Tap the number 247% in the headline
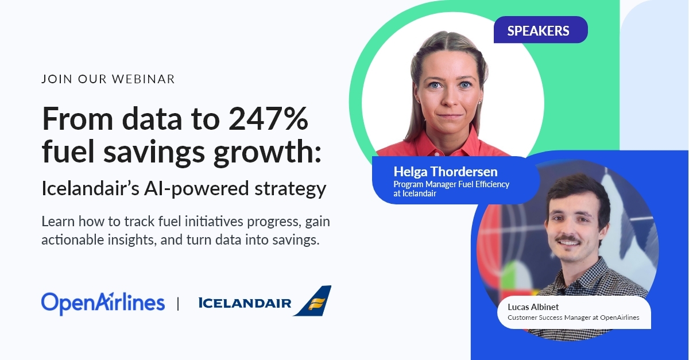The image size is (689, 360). [x=269, y=120]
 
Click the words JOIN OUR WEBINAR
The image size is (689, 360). [x=108, y=79]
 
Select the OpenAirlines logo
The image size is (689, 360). [x=103, y=303]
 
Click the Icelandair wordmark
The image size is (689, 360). [x=245, y=303]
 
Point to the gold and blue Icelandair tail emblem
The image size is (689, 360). [x=313, y=301]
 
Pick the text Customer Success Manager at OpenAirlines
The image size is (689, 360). [x=573, y=318]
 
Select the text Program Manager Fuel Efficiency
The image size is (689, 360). [x=451, y=184]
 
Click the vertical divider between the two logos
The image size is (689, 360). [x=178, y=303]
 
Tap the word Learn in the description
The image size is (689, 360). [x=59, y=221]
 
